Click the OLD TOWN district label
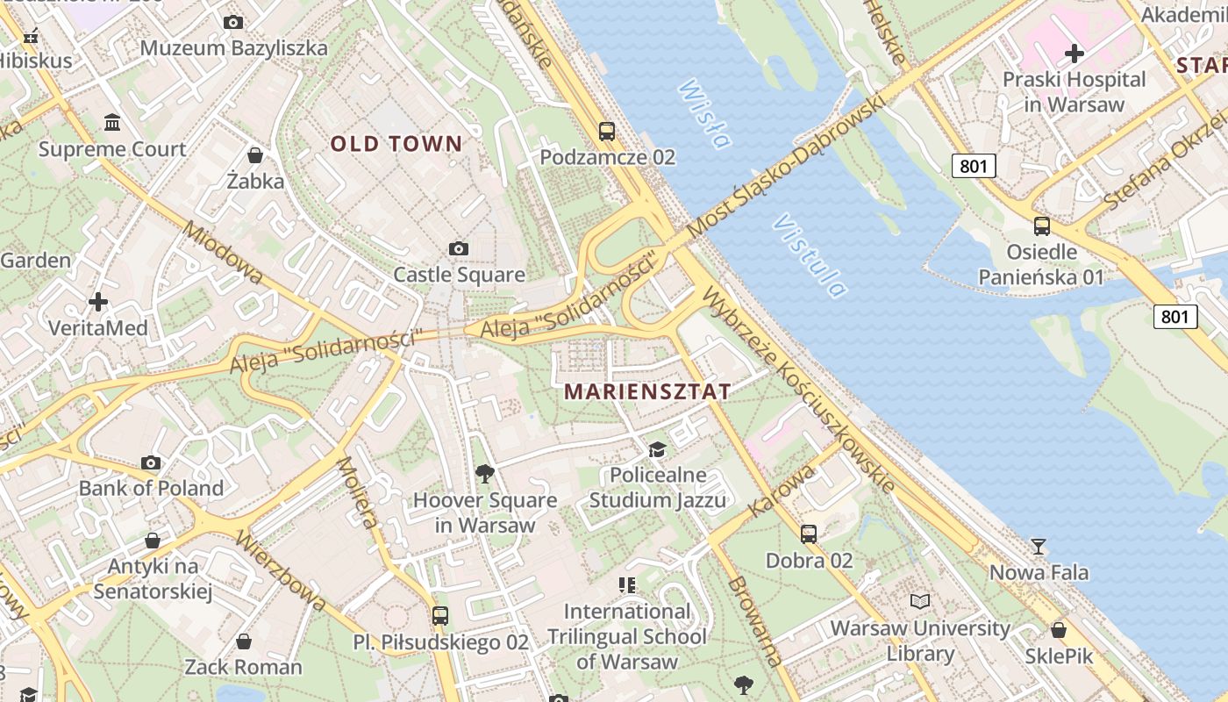[x=396, y=144]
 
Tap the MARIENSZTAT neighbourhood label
[x=646, y=391]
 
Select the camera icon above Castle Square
[x=458, y=249]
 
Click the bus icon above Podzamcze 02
[x=606, y=132]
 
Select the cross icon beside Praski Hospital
[x=1074, y=54]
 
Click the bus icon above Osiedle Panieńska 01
[x=1041, y=226]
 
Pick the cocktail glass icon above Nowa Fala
[x=1039, y=547]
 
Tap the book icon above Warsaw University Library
[x=919, y=602]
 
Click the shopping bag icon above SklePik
[x=1059, y=630]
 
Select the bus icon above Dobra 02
[x=809, y=534]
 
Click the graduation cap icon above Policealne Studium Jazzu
[x=657, y=450]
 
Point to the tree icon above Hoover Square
[x=484, y=474]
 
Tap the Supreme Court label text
[x=112, y=149]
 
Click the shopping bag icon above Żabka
[x=255, y=155]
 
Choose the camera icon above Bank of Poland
[x=151, y=462]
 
